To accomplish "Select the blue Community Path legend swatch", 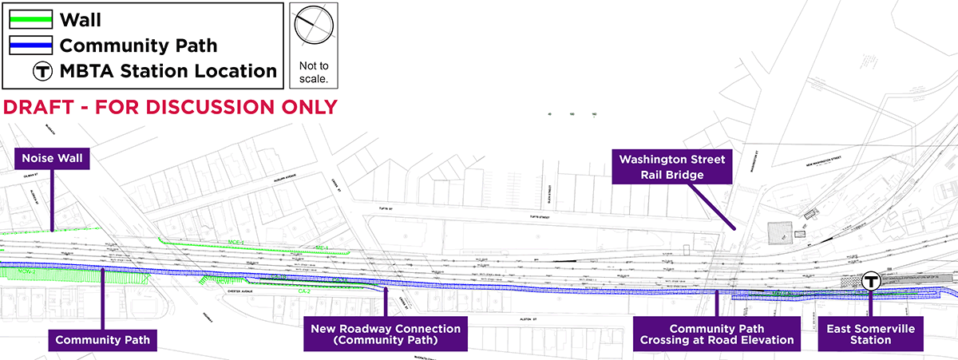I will (31, 44).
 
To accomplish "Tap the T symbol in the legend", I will (42, 70).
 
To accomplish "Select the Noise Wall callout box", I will (53, 159).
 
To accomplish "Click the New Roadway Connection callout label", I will (386, 334).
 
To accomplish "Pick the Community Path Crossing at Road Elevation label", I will (716, 334).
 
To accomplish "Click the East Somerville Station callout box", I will (871, 334).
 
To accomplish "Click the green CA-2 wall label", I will (303, 291).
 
